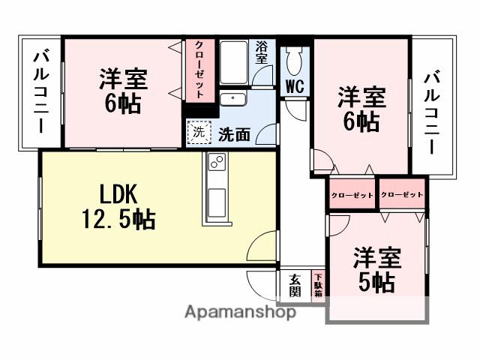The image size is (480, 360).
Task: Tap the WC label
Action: tap(294, 86)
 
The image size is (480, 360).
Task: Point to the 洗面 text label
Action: tap(234, 134)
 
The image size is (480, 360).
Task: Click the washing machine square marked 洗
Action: tap(199, 131)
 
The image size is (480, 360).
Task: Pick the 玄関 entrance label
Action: tap(294, 285)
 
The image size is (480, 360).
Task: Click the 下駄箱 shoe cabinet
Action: tap(318, 285)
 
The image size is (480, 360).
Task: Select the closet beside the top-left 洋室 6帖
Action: tap(200, 69)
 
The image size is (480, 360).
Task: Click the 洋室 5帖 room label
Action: tap(377, 270)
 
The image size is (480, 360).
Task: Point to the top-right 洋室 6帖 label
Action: tap(361, 109)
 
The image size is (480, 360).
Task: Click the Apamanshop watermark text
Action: tap(239, 313)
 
